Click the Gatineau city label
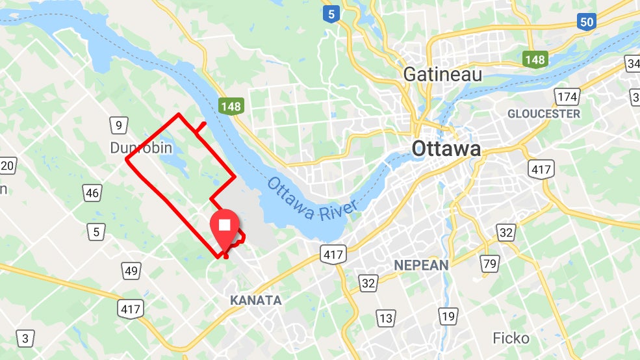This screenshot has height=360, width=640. pyautogui.click(x=442, y=75)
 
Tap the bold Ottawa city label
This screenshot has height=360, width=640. pyautogui.click(x=446, y=149)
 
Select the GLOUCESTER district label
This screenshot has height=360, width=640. pyautogui.click(x=543, y=114)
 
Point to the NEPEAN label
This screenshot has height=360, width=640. pyautogui.click(x=421, y=265)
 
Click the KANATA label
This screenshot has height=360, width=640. pyautogui.click(x=256, y=300)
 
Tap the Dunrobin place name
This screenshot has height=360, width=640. pyautogui.click(x=141, y=148)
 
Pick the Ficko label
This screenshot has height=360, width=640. pyautogui.click(x=511, y=338)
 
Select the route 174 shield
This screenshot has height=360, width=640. pyautogui.click(x=567, y=97)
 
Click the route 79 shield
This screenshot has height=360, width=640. pyautogui.click(x=490, y=263)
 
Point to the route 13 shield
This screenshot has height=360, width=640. pyautogui.click(x=386, y=318)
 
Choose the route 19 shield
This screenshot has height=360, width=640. pyautogui.click(x=448, y=316)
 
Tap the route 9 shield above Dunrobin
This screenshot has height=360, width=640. pyautogui.click(x=118, y=125)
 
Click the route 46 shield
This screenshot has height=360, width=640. pyautogui.click(x=92, y=192)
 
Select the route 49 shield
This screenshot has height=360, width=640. pyautogui.click(x=131, y=270)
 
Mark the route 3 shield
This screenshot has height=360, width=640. pyautogui.click(x=25, y=338)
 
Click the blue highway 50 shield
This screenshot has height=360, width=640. pyautogui.click(x=587, y=21)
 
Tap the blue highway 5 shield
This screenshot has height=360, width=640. pyautogui.click(x=333, y=13)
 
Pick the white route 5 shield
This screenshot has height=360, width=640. pyautogui.click(x=97, y=231)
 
